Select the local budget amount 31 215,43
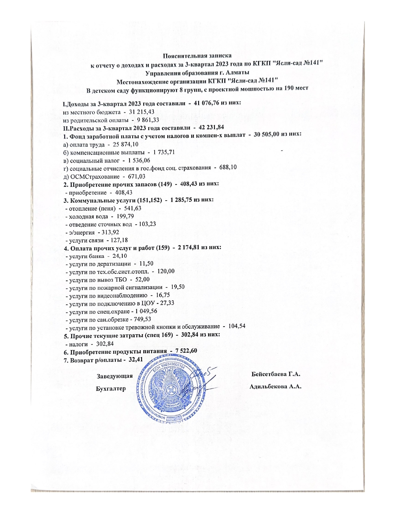tap(142, 111)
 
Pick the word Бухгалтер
tap(111, 389)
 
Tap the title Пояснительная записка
tap(198, 56)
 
